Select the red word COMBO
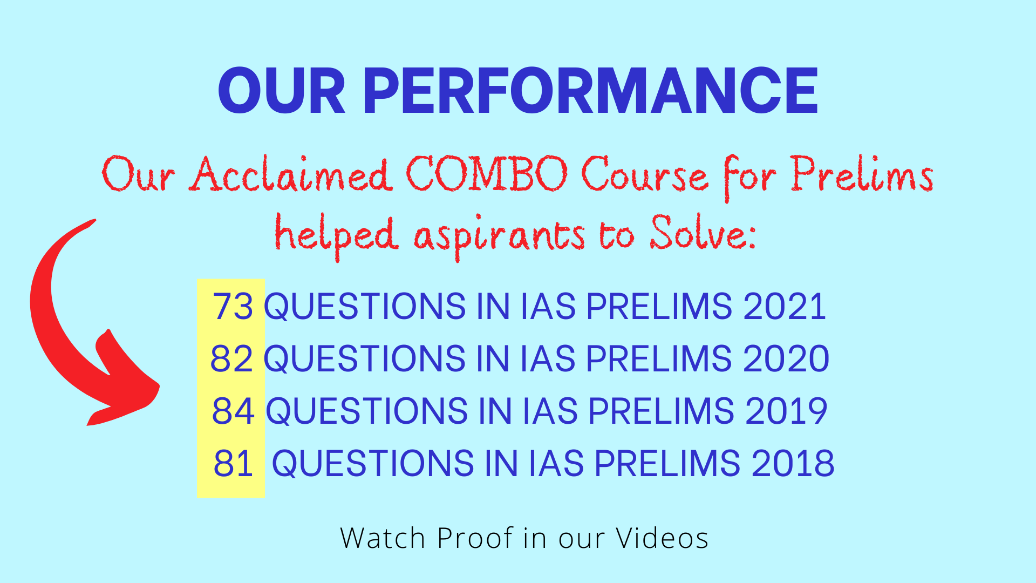[487, 174]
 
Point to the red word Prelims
[862, 174]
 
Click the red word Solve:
[703, 233]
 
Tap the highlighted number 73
[233, 307]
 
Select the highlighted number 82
[231, 358]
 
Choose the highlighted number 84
[233, 411]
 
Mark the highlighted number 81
[233, 463]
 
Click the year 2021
[785, 307]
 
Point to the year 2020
[786, 358]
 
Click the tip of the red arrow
[88, 425]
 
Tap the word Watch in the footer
[383, 538]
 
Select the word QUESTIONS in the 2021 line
[365, 307]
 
